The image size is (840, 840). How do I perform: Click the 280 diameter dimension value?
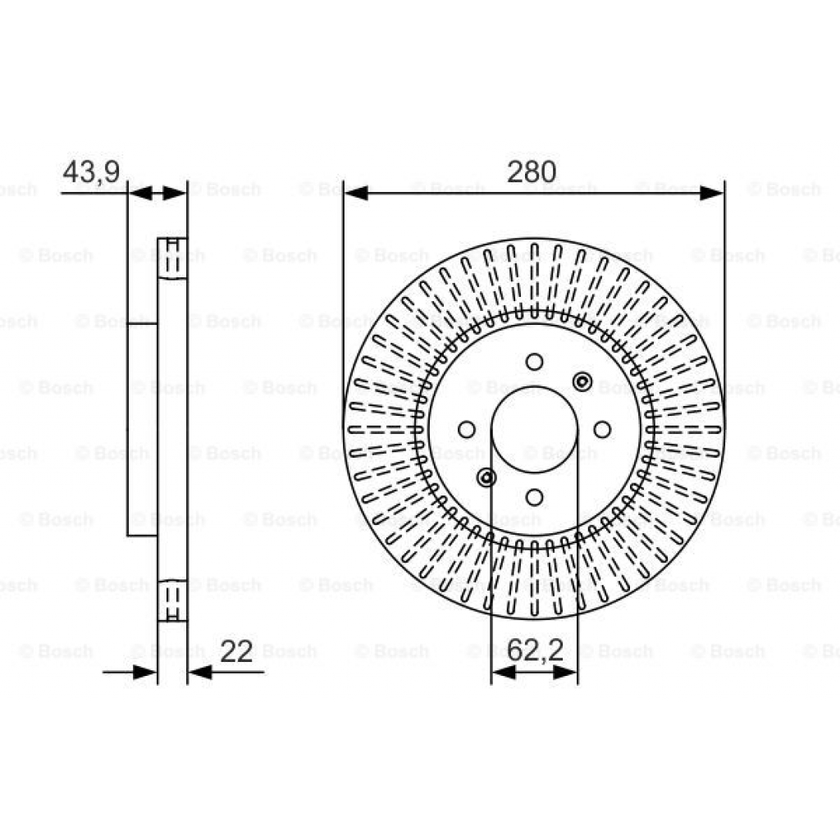[x=532, y=172]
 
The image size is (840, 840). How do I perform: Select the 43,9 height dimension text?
[x=91, y=172]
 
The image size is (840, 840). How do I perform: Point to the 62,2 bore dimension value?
[x=535, y=651]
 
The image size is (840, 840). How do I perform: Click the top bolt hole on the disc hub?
[x=534, y=362]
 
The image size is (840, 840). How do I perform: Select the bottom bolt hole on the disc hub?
[x=534, y=496]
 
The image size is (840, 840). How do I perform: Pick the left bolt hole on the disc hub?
[x=467, y=429]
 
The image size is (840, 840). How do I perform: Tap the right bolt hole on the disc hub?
[x=601, y=429]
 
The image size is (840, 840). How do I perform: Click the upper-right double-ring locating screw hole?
[x=582, y=381]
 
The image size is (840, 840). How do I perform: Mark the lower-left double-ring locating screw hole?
[x=486, y=477]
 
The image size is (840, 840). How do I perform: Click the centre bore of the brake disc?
[x=534, y=429]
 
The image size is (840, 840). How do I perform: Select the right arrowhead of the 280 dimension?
[x=711, y=194]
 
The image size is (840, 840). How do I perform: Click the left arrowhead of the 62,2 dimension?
[x=503, y=673]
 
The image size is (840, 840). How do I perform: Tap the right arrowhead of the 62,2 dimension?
[x=566, y=673]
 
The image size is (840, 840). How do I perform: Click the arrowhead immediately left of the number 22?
[x=200, y=673]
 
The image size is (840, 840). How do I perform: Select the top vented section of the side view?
[x=172, y=258]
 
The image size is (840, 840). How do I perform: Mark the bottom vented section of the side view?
[x=172, y=600]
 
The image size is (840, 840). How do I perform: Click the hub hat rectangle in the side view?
[x=142, y=429]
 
